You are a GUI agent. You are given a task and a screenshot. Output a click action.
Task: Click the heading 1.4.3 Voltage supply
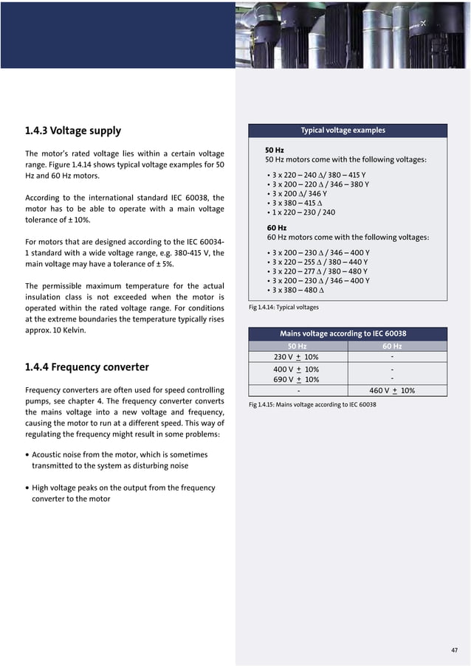[x=73, y=131]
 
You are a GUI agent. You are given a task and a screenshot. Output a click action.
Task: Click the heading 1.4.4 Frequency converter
[x=86, y=367]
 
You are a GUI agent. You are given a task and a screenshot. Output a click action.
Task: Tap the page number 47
[x=454, y=650]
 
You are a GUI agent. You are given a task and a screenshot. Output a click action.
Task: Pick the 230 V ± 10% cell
[x=296, y=357]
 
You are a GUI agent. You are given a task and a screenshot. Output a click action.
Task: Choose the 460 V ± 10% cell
[x=391, y=391]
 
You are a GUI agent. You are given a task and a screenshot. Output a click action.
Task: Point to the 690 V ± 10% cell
[x=296, y=380]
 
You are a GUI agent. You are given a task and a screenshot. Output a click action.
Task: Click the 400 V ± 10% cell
[x=296, y=370]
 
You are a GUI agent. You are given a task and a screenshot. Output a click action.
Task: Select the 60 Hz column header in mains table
[x=392, y=346]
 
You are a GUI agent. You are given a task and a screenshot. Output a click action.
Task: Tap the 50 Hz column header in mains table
[x=297, y=346]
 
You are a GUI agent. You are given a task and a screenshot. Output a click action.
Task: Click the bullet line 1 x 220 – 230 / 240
[x=303, y=212]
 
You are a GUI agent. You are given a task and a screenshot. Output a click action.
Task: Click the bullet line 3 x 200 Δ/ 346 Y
[x=299, y=193]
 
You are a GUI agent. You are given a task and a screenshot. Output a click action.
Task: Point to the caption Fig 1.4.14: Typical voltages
[x=283, y=308]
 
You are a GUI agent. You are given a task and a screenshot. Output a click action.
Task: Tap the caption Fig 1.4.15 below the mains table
[x=312, y=405]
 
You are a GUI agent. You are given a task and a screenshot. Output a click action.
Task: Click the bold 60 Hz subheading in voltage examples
[x=276, y=228]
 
